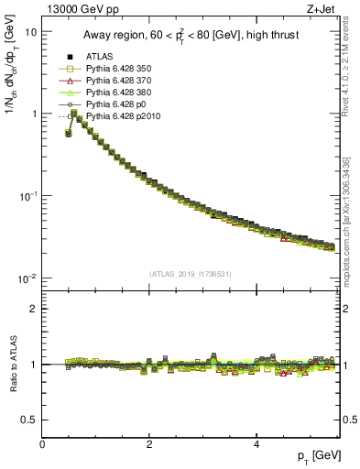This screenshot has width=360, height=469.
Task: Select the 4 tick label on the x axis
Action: [x=256, y=445]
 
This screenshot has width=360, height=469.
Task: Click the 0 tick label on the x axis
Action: [x=42, y=445]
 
